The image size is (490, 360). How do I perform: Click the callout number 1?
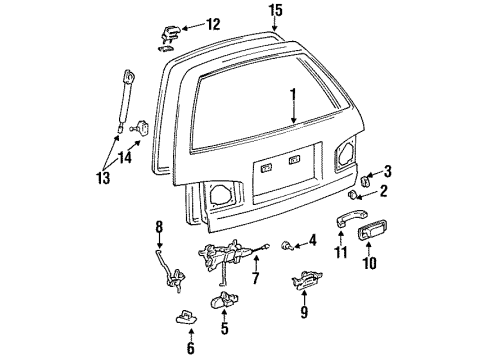pyautogui.click(x=293, y=98)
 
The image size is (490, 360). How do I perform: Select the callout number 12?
pyautogui.click(x=211, y=23)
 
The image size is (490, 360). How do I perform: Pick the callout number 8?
pyautogui.click(x=159, y=237)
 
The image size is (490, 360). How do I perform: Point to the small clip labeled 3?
pyautogui.click(x=367, y=179)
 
